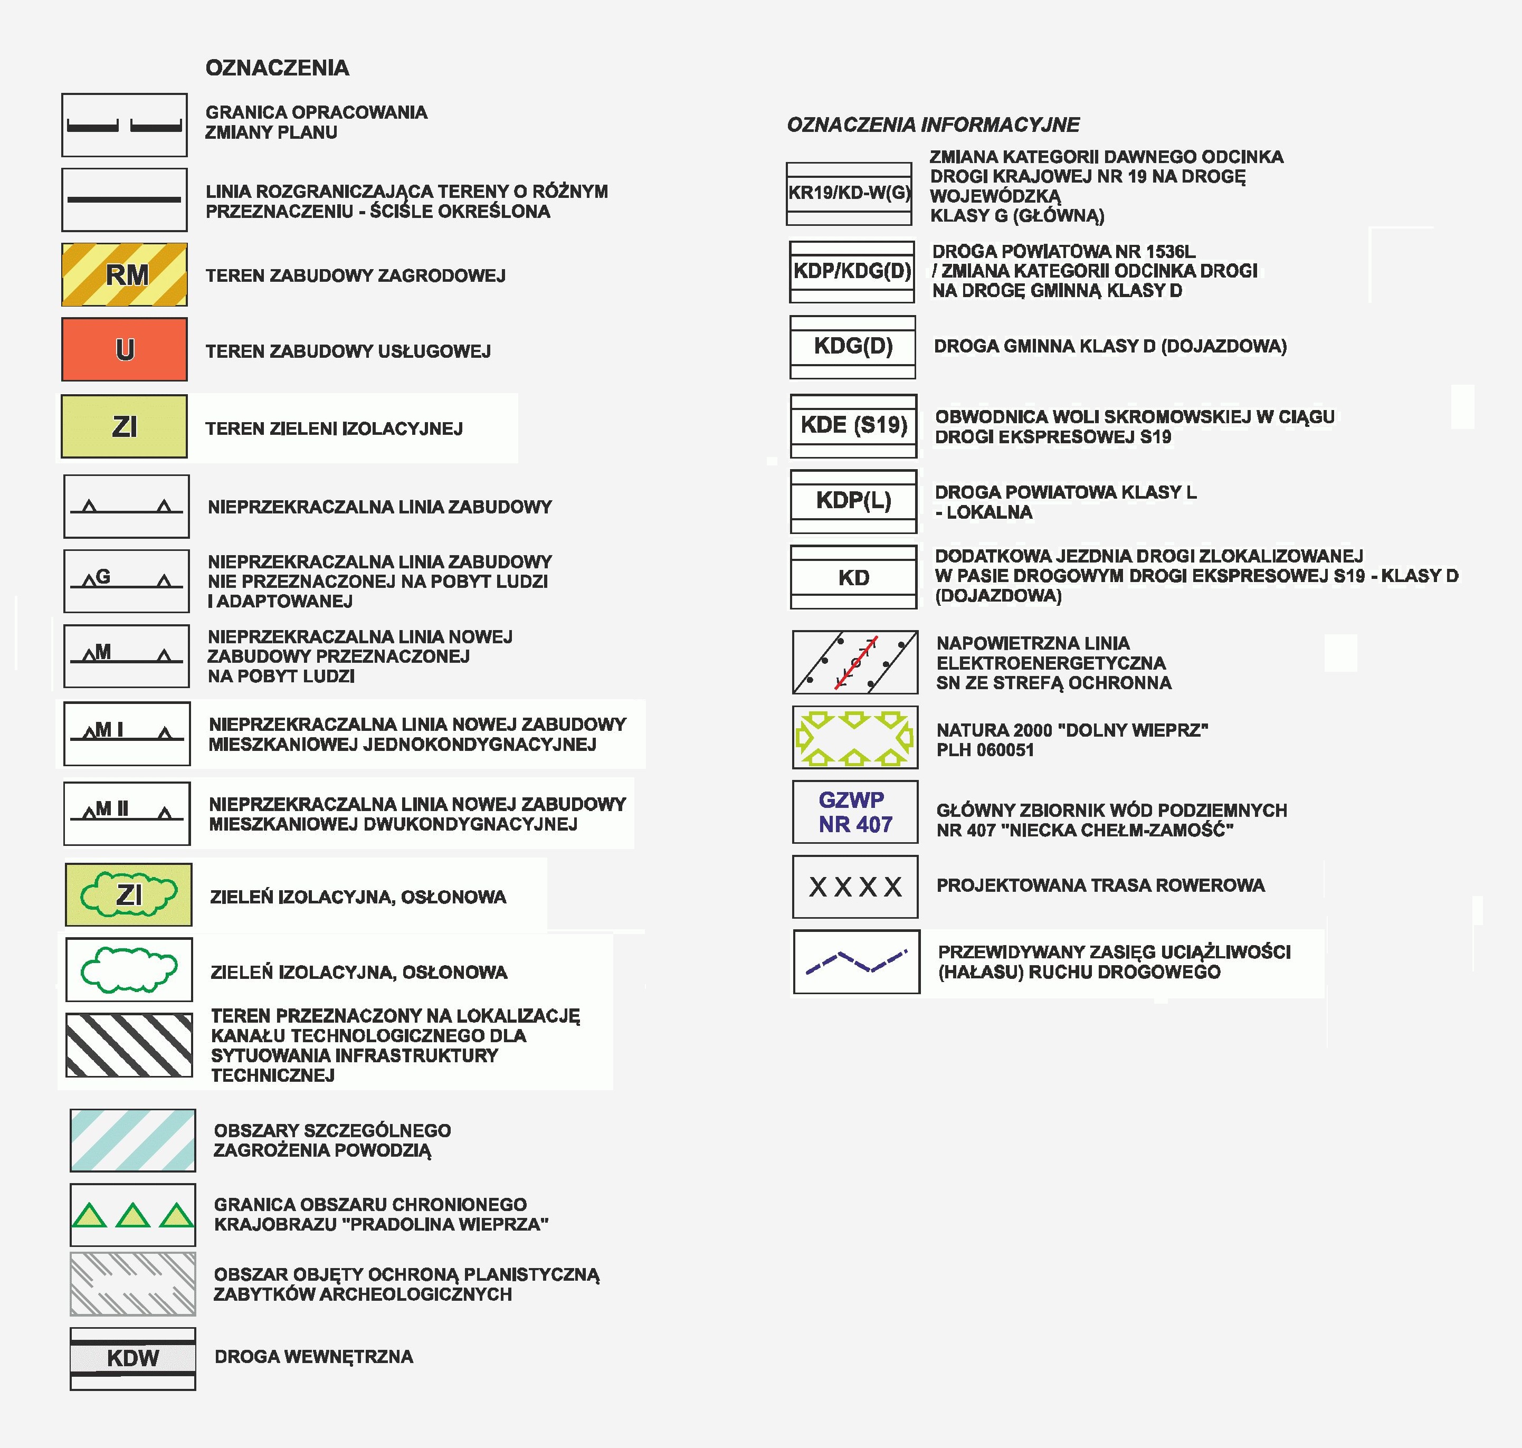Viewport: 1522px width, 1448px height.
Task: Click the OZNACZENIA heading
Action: click(x=277, y=68)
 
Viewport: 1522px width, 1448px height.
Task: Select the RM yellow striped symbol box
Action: click(x=124, y=275)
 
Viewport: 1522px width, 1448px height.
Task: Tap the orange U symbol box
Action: click(x=124, y=350)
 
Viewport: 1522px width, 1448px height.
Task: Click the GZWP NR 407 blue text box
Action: click(x=855, y=812)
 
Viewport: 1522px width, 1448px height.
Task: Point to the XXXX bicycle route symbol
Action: click(x=855, y=887)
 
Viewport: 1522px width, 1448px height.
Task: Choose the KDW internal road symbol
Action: click(x=133, y=1358)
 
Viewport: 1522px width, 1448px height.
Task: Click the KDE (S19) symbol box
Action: click(x=853, y=425)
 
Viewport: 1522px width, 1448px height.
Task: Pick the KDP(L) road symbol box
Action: click(x=853, y=501)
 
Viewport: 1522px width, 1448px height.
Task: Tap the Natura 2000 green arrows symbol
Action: click(x=855, y=737)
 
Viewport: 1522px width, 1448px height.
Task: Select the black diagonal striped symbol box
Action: click(x=129, y=1045)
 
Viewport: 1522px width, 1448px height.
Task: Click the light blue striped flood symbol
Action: click(x=133, y=1141)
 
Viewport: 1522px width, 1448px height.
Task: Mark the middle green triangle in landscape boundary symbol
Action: click(x=133, y=1216)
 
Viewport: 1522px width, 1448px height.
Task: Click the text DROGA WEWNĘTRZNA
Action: click(x=313, y=1357)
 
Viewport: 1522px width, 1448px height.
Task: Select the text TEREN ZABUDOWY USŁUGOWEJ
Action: click(x=348, y=351)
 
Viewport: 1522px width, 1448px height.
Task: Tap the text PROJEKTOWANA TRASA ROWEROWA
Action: click(x=1100, y=885)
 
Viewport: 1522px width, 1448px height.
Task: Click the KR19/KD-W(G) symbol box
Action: click(x=849, y=193)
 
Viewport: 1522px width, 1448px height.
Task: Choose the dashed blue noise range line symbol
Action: click(x=857, y=962)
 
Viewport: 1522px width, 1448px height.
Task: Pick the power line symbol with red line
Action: click(x=855, y=662)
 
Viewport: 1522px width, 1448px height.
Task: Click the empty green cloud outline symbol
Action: click(x=129, y=969)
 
